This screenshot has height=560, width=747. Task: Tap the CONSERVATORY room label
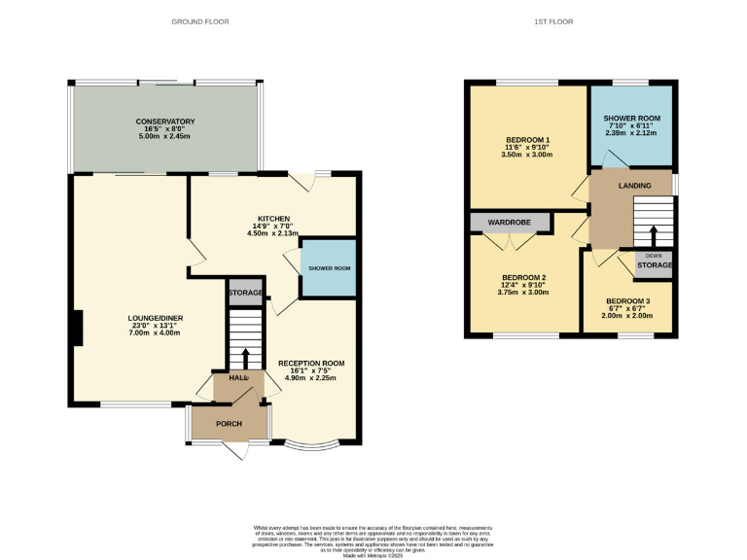[165, 122]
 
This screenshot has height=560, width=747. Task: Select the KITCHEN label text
[274, 218]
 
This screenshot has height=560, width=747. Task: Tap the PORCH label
[229, 424]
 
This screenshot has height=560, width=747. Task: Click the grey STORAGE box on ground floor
[244, 293]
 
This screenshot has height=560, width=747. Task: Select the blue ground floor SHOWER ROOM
[328, 267]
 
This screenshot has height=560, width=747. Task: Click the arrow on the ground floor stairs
[245, 357]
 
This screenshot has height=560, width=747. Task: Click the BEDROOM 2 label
[523, 276]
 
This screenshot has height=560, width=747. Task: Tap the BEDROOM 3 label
[627, 301]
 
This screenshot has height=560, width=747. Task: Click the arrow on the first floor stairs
[653, 236]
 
